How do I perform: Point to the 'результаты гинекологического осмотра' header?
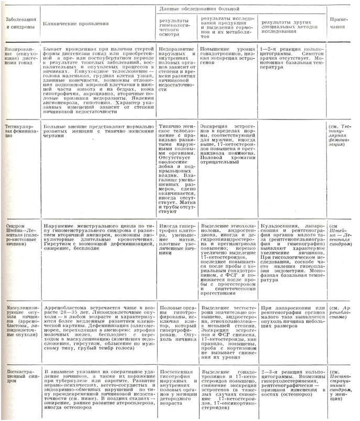[176, 28]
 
